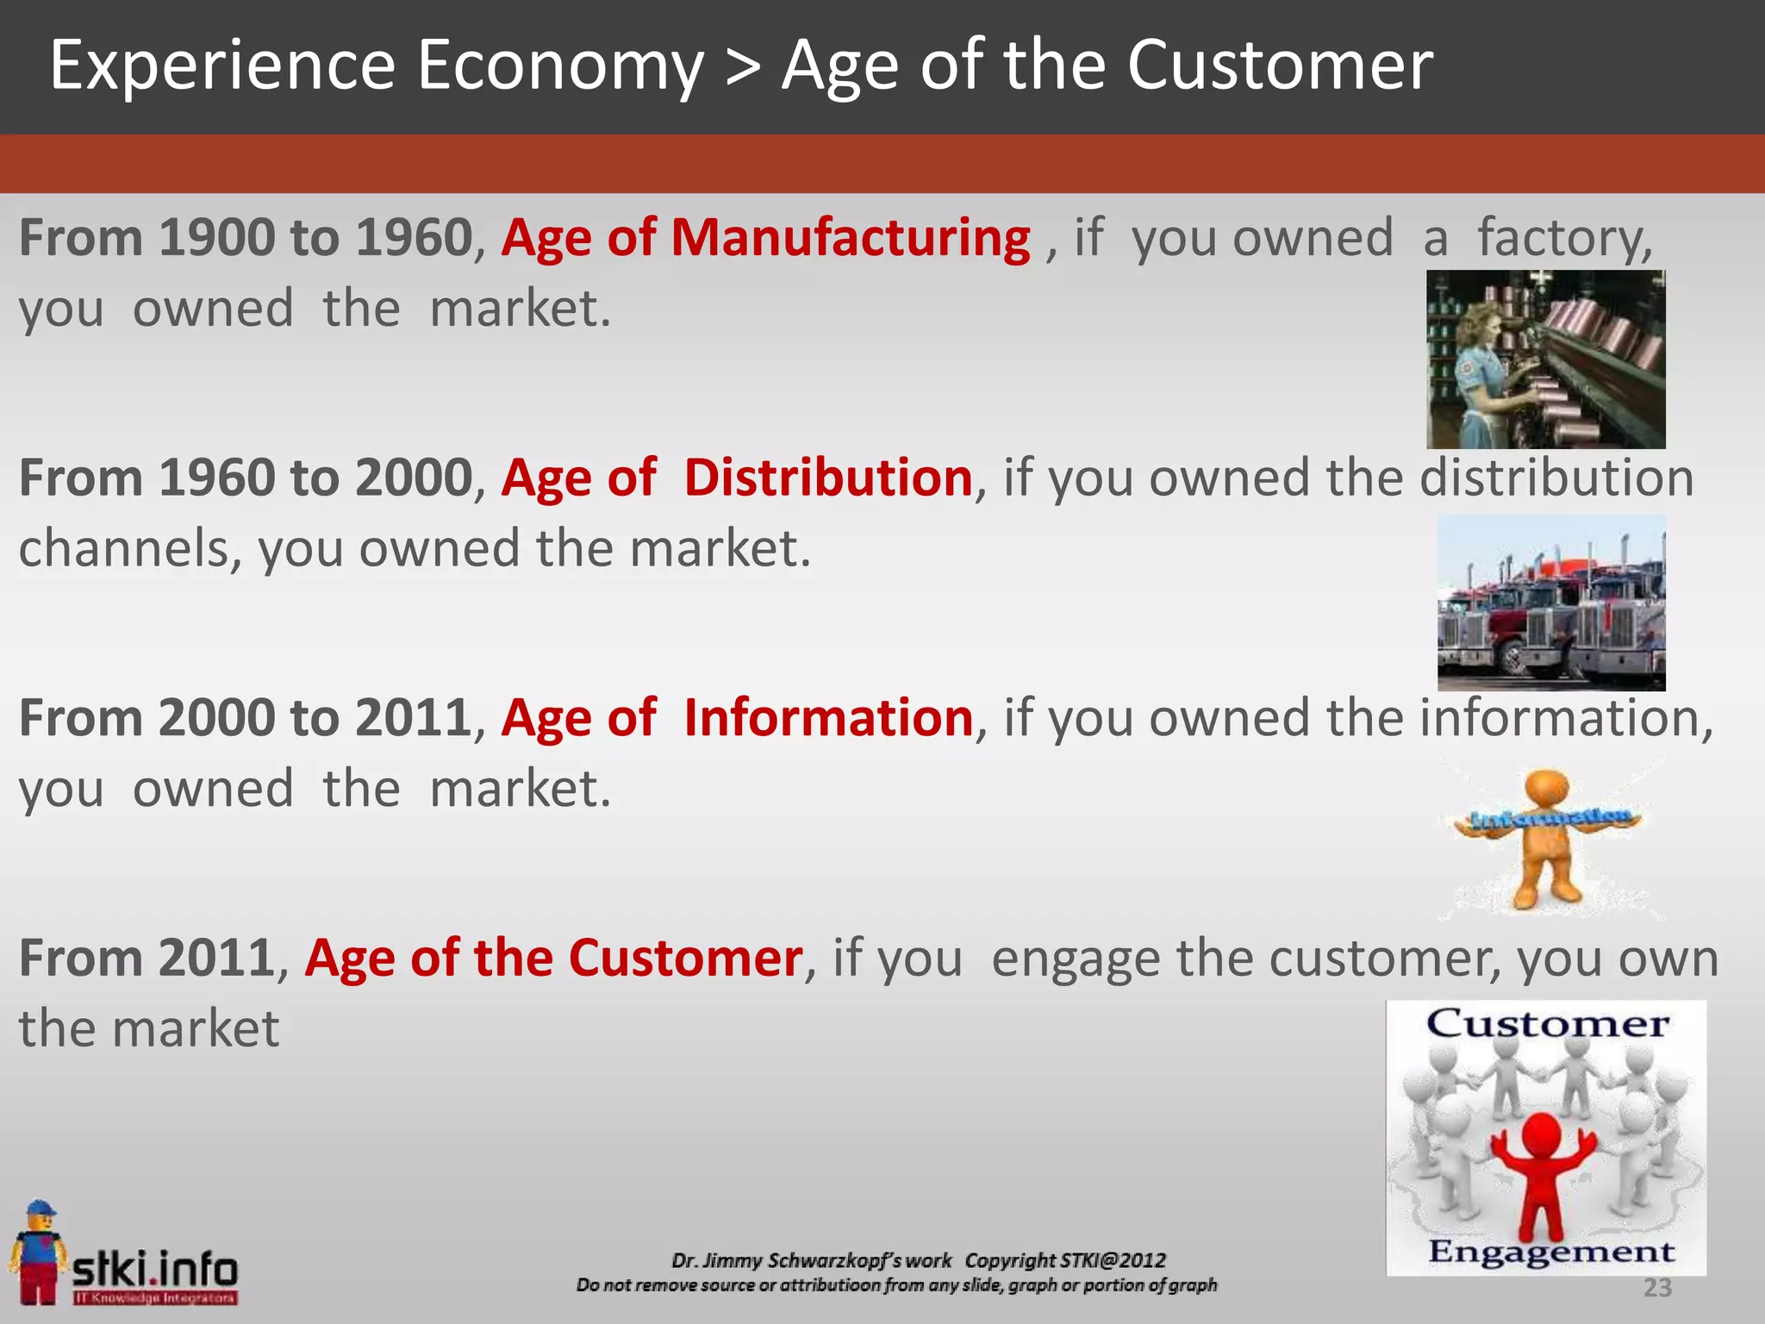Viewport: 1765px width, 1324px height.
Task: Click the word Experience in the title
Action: [x=222, y=67]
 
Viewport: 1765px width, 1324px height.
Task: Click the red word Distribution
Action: [x=828, y=478]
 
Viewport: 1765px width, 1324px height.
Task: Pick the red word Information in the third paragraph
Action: [x=828, y=718]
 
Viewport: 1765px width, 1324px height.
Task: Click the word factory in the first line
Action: [x=1564, y=238]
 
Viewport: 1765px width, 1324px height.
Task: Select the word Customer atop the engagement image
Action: [x=1547, y=1025]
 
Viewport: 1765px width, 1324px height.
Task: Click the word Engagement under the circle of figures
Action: [x=1550, y=1252]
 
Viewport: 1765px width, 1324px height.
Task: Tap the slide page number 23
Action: [x=1656, y=1288]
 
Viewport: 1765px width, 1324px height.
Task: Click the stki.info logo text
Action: [x=155, y=1269]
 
